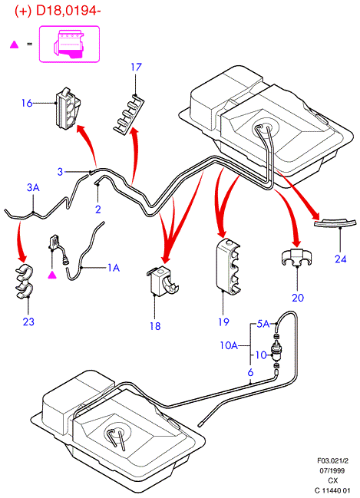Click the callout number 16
pos(27,103)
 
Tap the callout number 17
pos(137,67)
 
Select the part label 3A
pos(33,187)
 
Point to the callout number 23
pos(28,322)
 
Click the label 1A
pos(114,268)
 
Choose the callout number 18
pos(155,326)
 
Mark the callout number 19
pos(223,322)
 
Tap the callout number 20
pos(298,298)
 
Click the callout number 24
pos(340,259)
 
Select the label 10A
pos(229,345)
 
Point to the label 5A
pos(263,324)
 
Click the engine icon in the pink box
pos(69,44)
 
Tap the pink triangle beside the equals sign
pos(14,45)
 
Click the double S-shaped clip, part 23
pos(24,282)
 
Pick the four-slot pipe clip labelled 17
pos(129,113)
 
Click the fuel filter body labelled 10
pos(276,353)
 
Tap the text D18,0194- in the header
pos(68,11)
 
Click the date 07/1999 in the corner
pos(332,470)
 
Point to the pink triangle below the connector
pos(52,275)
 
